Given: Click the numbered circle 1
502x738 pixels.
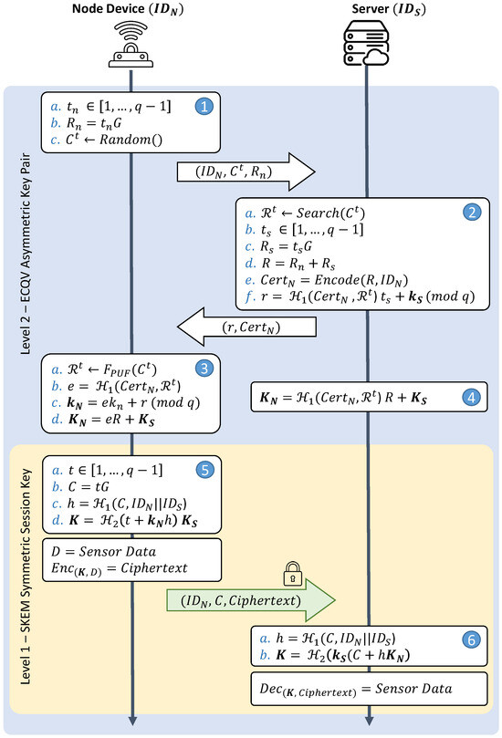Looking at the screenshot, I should (x=205, y=106).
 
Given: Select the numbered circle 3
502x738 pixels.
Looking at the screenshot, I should (x=205, y=369).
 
